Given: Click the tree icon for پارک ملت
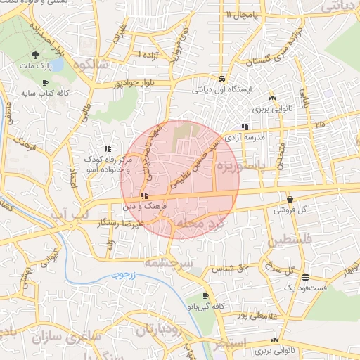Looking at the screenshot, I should point(36,54).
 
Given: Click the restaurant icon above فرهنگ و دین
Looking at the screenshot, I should point(143,195).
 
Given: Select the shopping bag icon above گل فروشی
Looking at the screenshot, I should point(290,199).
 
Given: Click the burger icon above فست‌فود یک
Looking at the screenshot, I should point(304,277).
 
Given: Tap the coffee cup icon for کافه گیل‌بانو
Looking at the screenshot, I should point(205,296).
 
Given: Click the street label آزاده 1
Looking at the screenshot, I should point(148,54).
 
